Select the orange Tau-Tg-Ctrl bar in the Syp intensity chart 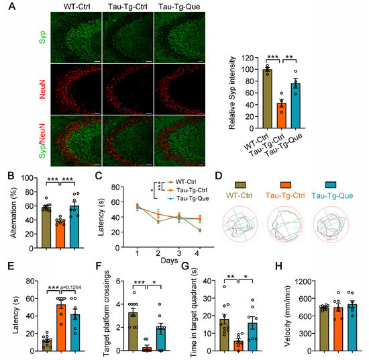click(x=283, y=113)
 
